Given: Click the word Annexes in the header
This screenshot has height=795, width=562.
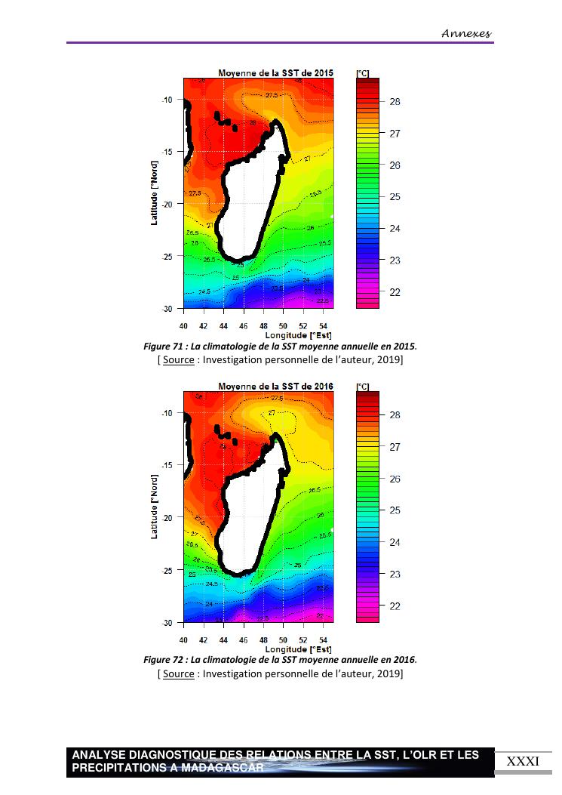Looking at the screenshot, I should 465,33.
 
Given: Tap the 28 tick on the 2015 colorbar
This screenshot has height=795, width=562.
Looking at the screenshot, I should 395,102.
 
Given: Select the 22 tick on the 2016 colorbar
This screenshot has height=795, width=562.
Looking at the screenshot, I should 394,606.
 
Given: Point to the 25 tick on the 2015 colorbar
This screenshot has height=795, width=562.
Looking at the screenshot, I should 395,197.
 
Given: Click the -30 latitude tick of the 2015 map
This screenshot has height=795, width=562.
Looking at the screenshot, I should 167,308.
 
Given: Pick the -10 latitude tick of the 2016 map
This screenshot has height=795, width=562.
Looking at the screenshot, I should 167,413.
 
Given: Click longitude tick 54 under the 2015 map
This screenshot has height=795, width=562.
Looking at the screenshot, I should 323,326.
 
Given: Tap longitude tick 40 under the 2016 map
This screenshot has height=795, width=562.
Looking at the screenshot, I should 183,639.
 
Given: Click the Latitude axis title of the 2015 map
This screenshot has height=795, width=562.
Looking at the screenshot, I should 154,193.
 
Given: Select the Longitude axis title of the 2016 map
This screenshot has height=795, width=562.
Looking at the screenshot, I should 298,649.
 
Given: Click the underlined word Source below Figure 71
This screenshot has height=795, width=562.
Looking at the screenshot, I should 178,359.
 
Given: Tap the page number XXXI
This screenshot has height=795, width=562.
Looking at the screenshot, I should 523,761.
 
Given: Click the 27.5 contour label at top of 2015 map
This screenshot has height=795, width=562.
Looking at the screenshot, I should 272,95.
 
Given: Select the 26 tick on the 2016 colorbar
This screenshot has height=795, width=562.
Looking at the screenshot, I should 394,479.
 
